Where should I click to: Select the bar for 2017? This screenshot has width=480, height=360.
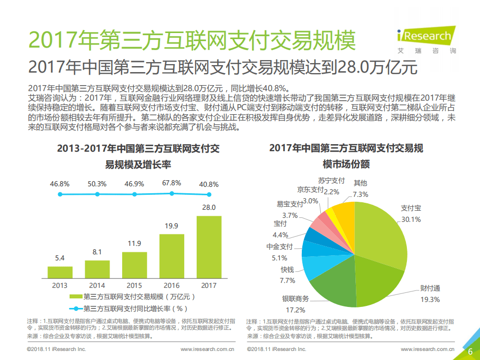pos(209,247)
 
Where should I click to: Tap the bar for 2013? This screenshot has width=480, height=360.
pos(60,272)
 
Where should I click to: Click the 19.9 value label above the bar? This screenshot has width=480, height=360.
pos(172,226)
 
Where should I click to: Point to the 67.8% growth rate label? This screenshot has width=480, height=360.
pos(172,183)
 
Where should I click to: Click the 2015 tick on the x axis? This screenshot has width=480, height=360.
pos(134,285)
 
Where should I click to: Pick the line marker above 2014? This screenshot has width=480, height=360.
pos(97,194)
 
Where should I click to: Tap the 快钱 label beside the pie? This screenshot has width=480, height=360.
pos(287,270)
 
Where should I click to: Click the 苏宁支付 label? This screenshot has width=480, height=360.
pos(331,181)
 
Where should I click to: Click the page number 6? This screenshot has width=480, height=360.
pos(470,351)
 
